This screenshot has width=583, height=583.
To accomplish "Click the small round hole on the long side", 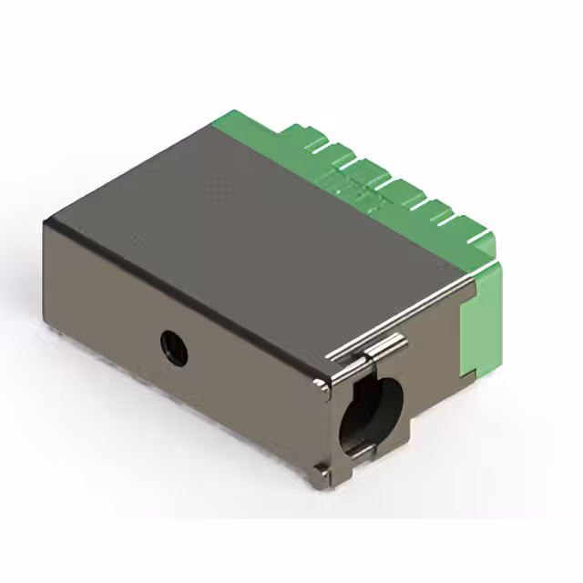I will click(173, 347).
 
